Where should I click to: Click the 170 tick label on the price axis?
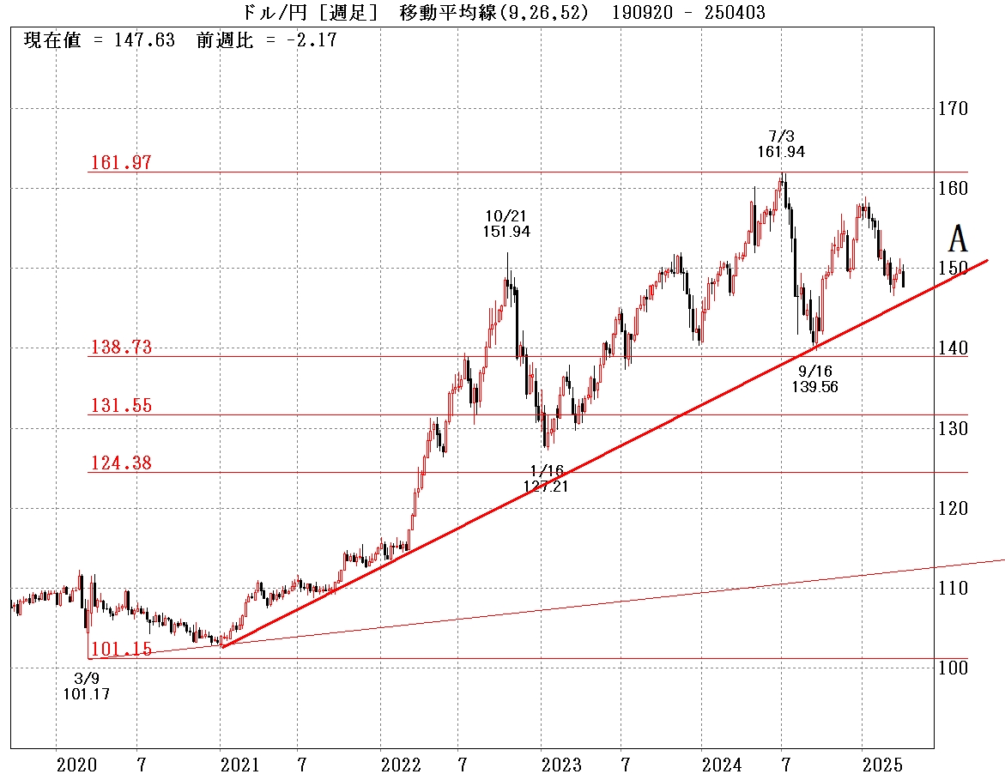[x=953, y=109]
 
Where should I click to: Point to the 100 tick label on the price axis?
[x=953, y=668]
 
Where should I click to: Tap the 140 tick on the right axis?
[x=953, y=348]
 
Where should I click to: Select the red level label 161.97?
[x=120, y=162]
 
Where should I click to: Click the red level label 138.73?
[x=120, y=348]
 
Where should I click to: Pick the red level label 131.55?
[x=120, y=405]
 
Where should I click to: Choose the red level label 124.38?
[x=120, y=463]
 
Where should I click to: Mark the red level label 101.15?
[x=120, y=650]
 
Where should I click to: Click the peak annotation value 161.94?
[x=781, y=152]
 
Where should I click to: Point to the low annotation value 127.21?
[x=546, y=486]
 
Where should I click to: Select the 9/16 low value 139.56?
[x=814, y=387]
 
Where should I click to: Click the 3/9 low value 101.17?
[x=87, y=693]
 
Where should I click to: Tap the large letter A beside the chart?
[x=958, y=239]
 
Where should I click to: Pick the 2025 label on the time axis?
[x=882, y=765]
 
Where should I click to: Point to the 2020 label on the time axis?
[x=77, y=765]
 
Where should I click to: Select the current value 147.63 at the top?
[x=144, y=40]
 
